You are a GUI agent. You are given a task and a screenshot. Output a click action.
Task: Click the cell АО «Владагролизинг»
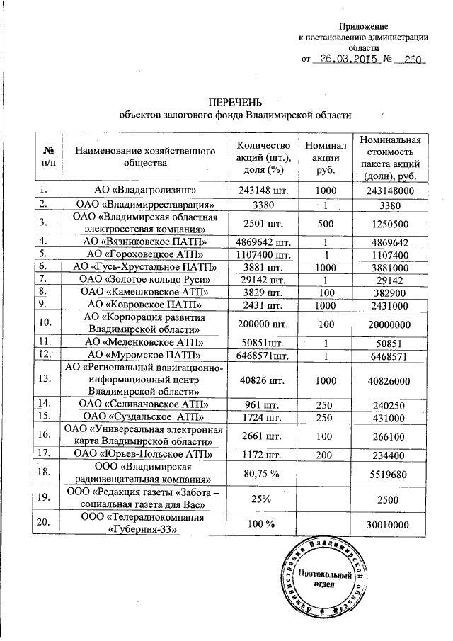[145, 190]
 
